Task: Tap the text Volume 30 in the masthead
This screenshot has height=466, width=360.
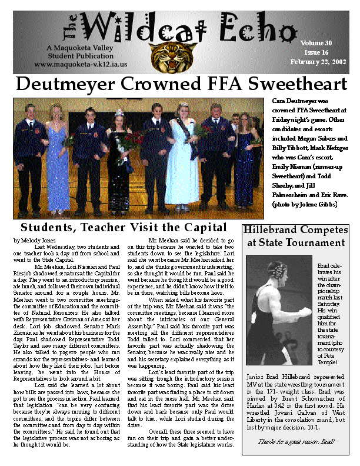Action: (x=316, y=43)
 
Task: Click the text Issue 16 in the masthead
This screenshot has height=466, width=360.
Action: (x=316, y=52)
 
